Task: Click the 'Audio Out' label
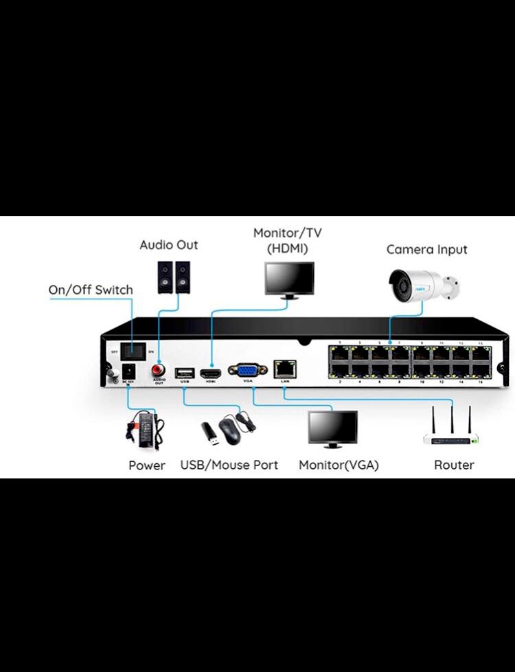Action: coord(168,245)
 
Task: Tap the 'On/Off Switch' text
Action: coord(90,290)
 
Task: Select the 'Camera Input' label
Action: coord(426,250)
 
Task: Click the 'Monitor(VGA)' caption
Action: coord(339,465)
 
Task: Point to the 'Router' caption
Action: coord(454,465)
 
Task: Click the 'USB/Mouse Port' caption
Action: coord(229,465)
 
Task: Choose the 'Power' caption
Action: coord(147,465)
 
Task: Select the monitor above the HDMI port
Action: coord(290,280)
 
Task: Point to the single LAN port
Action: coord(284,369)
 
